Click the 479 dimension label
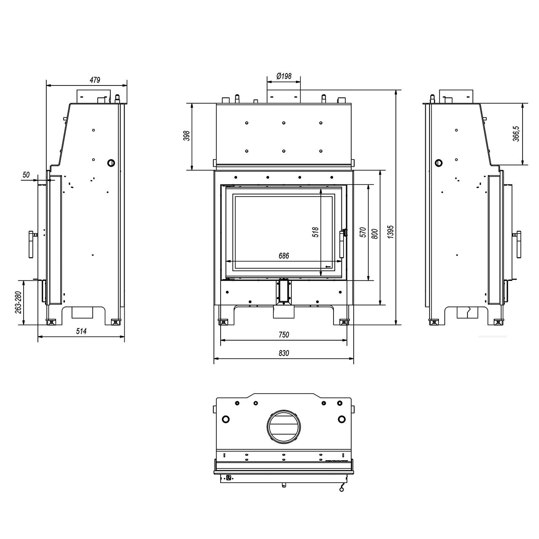95,80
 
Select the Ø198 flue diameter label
284,76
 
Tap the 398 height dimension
187,136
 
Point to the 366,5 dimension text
516,134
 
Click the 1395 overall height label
391,232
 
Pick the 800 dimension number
375,234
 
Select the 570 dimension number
363,232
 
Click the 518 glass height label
315,232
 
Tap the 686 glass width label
284,256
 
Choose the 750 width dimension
284,334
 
